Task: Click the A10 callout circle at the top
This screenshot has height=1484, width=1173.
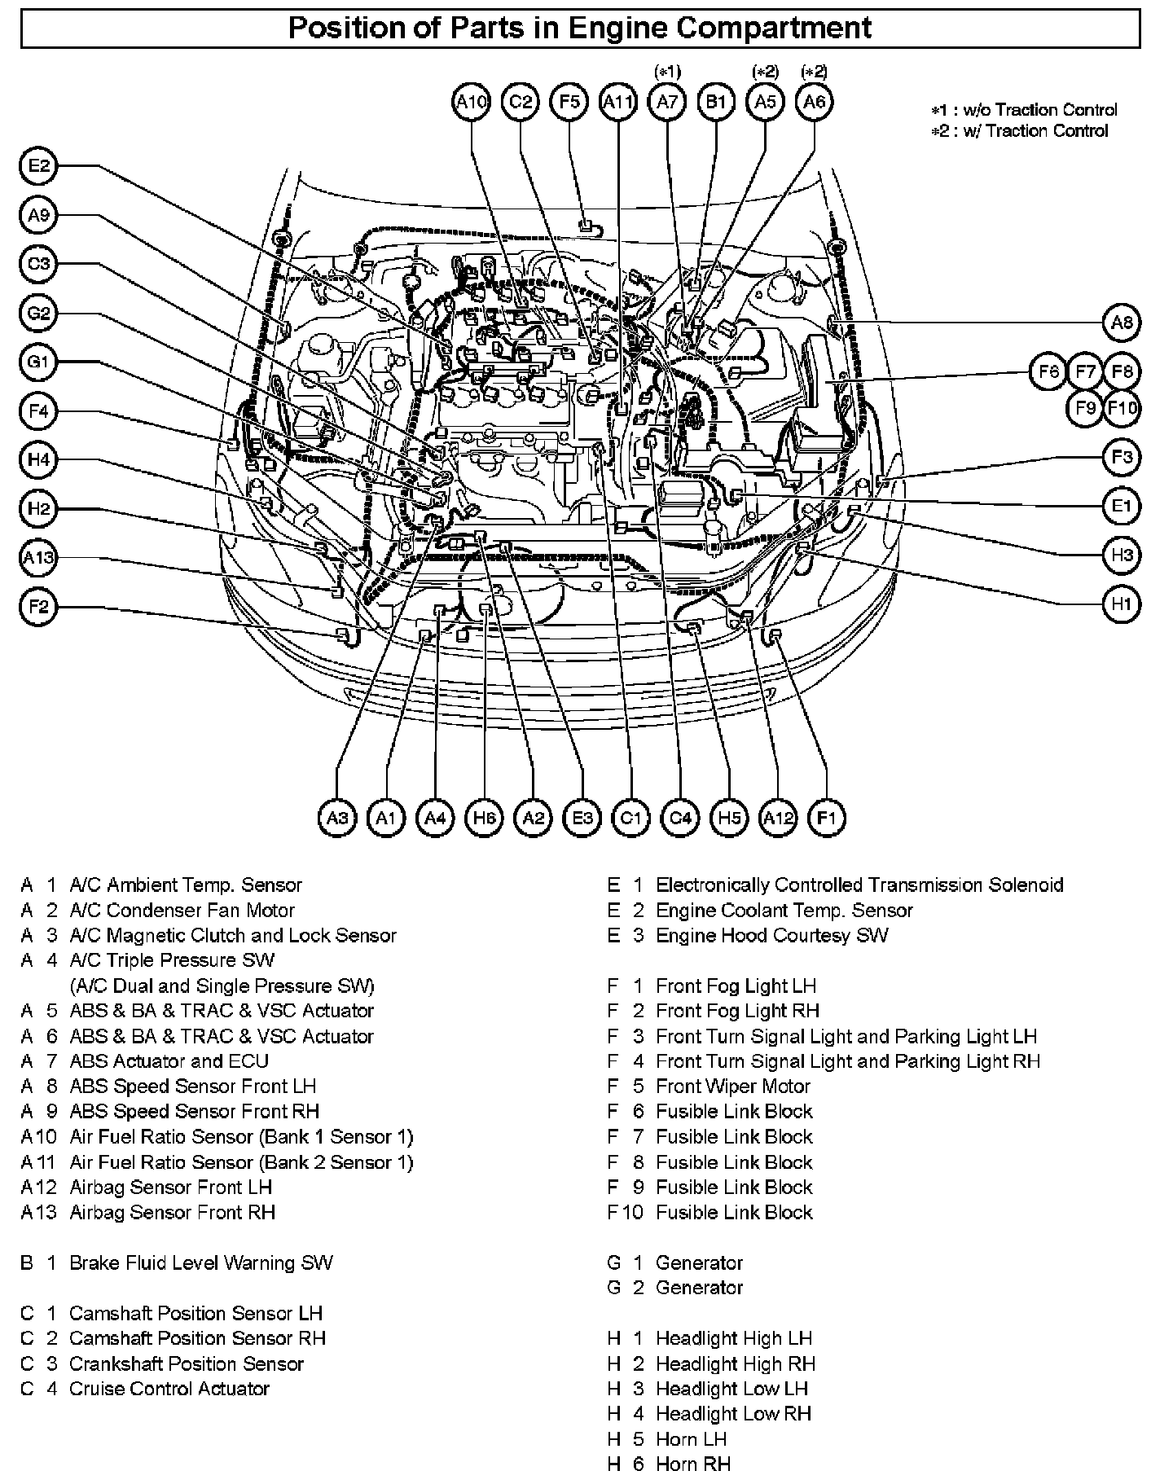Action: (471, 102)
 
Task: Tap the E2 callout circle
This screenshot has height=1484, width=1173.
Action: (38, 167)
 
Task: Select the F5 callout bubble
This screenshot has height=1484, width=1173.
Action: (569, 102)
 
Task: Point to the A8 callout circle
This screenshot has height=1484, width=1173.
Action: (1122, 323)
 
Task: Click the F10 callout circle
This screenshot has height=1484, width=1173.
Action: (1122, 408)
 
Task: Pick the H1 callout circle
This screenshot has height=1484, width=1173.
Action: (1122, 604)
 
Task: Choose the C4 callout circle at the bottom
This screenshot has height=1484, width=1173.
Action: (680, 818)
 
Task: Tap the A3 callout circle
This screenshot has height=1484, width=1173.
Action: (337, 818)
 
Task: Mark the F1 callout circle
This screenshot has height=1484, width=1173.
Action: (826, 818)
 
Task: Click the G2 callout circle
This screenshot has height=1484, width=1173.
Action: (38, 314)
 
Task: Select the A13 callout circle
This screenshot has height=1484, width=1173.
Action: (38, 558)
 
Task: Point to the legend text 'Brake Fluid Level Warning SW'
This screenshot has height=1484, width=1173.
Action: (200, 1263)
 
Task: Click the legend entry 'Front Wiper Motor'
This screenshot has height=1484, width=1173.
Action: (732, 1087)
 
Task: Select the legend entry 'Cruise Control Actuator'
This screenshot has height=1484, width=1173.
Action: (169, 1390)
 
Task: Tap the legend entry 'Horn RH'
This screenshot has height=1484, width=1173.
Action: (692, 1464)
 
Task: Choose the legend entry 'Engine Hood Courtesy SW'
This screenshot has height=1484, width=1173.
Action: (771, 936)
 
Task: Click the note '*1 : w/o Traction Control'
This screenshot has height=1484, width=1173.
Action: (1025, 110)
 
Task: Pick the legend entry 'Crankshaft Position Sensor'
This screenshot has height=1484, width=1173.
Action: (186, 1364)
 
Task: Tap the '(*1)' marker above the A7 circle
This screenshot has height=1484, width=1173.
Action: (667, 72)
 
